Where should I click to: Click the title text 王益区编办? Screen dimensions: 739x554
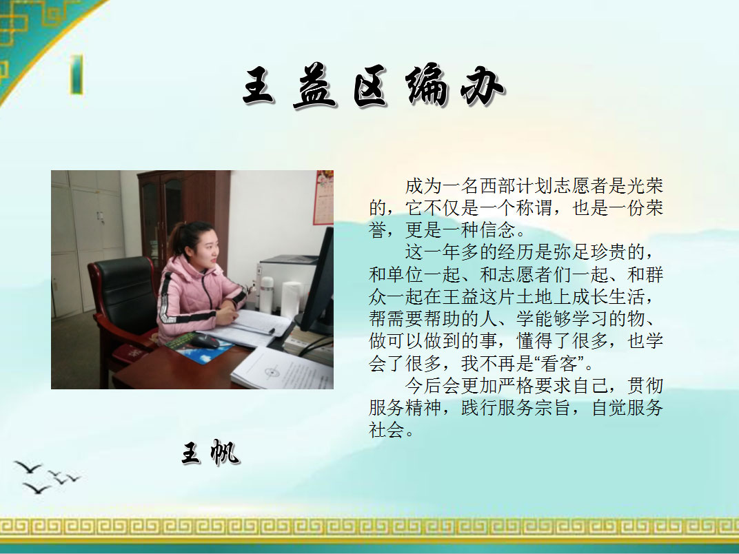click(x=374, y=86)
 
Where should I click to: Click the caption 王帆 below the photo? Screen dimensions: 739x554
click(x=211, y=453)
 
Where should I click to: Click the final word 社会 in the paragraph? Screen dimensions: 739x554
click(x=387, y=430)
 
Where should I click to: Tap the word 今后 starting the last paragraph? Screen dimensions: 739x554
click(x=423, y=386)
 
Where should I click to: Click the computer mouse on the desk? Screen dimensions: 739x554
click(x=203, y=340)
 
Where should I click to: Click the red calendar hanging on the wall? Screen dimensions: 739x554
click(x=324, y=197)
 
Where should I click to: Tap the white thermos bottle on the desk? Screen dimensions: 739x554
click(x=266, y=296)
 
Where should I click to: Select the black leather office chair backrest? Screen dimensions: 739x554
click(x=124, y=292)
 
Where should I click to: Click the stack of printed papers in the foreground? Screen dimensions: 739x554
click(x=283, y=369)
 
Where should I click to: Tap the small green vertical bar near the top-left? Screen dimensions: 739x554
click(x=77, y=74)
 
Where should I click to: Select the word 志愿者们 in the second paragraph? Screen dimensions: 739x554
click(x=534, y=275)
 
